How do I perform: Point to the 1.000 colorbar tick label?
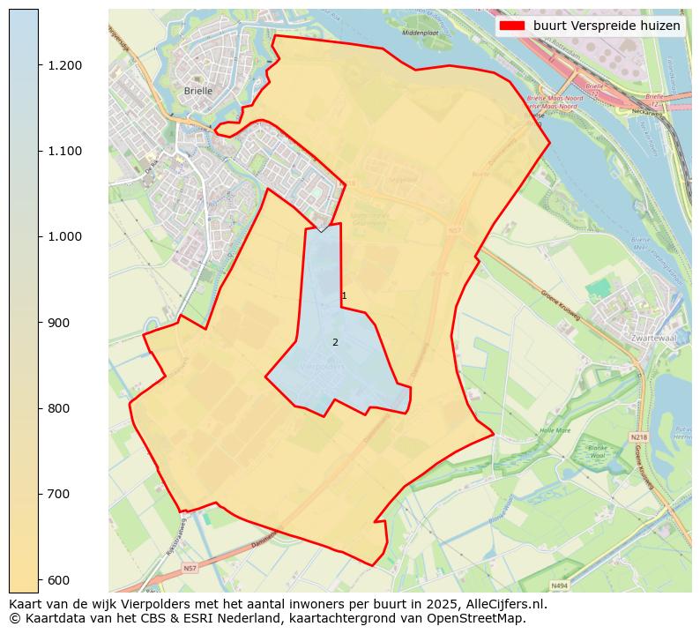(x=62, y=236)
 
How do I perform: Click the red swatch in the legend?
(x=511, y=26)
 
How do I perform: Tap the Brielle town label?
(x=198, y=91)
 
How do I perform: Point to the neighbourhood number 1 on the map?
(x=344, y=296)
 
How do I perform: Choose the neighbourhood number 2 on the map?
(x=335, y=342)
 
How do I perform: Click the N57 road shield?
(x=190, y=569)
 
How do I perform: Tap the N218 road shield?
(x=638, y=436)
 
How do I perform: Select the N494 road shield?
(x=558, y=586)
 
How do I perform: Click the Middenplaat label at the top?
(x=420, y=32)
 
